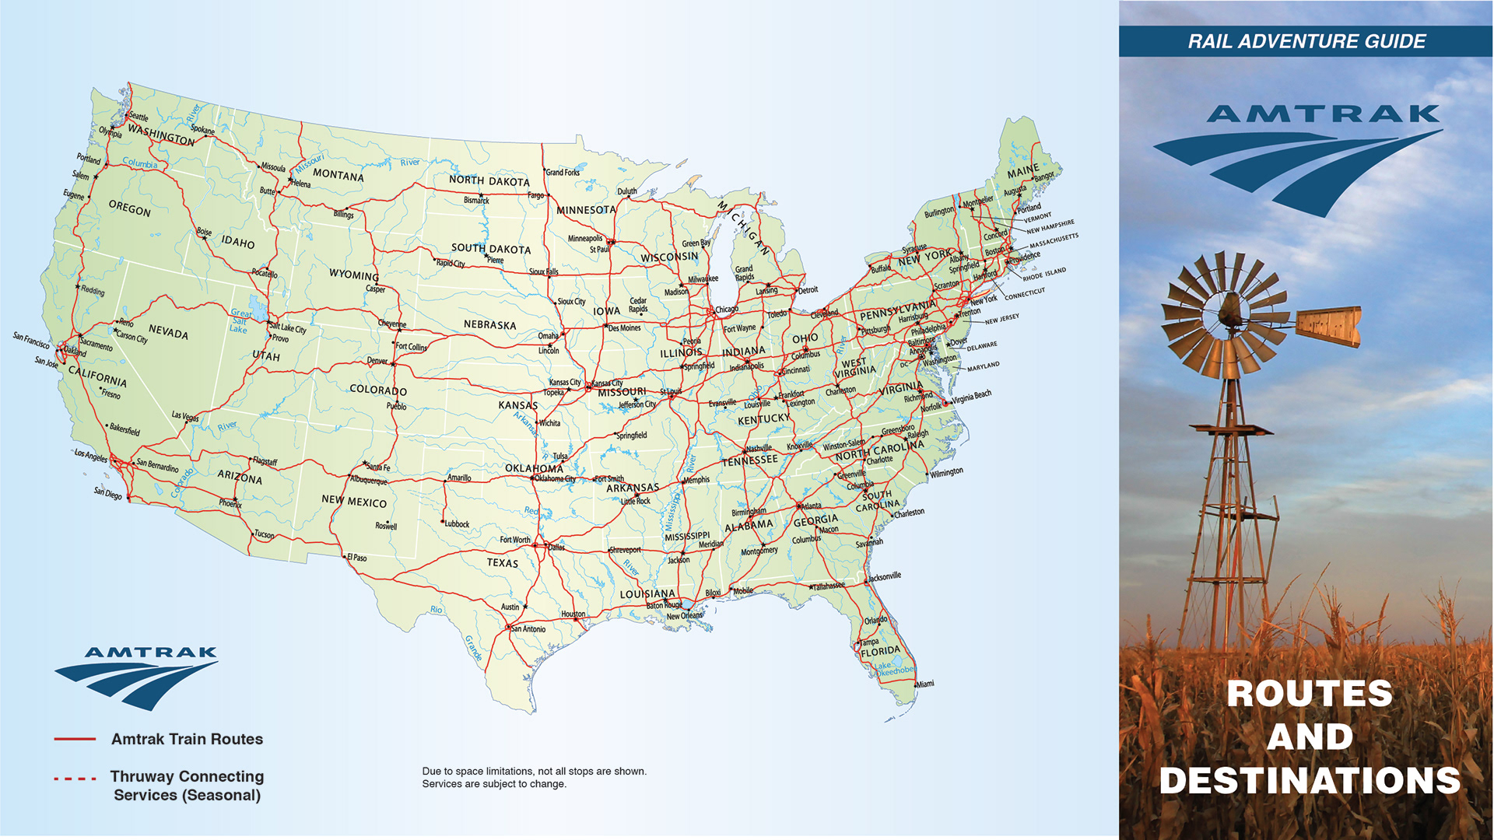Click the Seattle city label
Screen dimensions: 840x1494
[x=138, y=117]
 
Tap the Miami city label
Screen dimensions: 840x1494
[x=924, y=684]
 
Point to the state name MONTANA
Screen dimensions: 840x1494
[x=338, y=175]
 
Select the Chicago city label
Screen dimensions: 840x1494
[x=726, y=310]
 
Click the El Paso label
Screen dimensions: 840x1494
[x=356, y=558]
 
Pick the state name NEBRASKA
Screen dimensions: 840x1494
[x=489, y=324]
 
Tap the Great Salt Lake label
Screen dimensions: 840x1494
[x=240, y=321]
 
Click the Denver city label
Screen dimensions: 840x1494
[x=377, y=361]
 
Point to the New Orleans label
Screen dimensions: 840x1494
[x=684, y=616]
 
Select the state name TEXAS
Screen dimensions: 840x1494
[x=502, y=562]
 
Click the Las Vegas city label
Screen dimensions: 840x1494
[x=185, y=416]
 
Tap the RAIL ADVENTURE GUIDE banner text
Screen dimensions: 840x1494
[x=1306, y=41]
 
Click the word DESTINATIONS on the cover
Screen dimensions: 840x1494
[x=1310, y=781]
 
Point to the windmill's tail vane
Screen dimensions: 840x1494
[x=1328, y=325]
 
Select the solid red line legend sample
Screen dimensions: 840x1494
[x=75, y=739]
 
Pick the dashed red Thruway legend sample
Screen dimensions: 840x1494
[x=75, y=779]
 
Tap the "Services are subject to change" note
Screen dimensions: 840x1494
[x=494, y=784]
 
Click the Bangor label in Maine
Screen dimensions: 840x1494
[x=1044, y=177]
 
